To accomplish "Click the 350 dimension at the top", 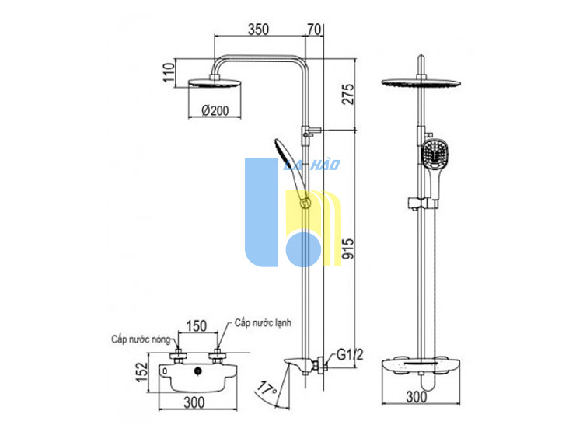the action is pyautogui.click(x=258, y=29).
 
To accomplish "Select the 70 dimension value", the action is pyautogui.click(x=314, y=29).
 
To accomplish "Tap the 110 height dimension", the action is pyautogui.click(x=169, y=73).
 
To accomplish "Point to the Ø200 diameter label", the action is pyautogui.click(x=215, y=110).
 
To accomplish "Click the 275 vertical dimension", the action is pyautogui.click(x=348, y=94).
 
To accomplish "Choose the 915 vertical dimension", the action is pyautogui.click(x=348, y=249).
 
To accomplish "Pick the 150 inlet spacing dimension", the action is pyautogui.click(x=197, y=325).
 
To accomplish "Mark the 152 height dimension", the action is pyautogui.click(x=141, y=371).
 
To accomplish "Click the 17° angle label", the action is pyautogui.click(x=267, y=388).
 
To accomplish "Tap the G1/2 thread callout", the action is pyautogui.click(x=350, y=355).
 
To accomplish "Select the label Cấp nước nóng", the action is pyautogui.click(x=141, y=339).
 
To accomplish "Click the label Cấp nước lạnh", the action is pyautogui.click(x=263, y=323).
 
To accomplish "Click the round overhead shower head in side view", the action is pyautogui.click(x=215, y=83).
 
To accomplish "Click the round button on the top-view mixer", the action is pyautogui.click(x=198, y=371).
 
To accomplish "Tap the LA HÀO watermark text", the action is pyautogui.click(x=312, y=165).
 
